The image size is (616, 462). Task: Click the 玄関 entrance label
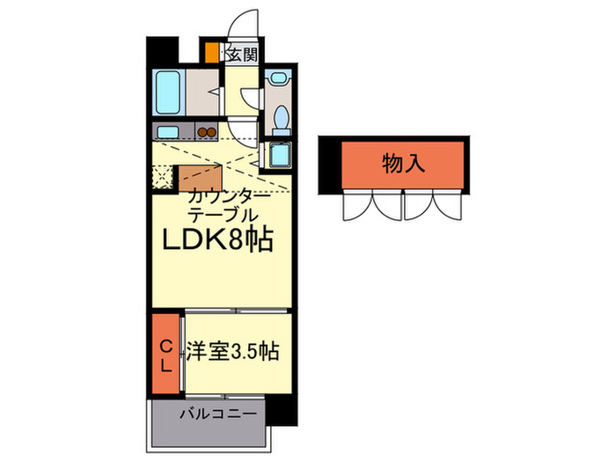coord(243,55)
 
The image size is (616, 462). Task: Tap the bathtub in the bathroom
coord(168,92)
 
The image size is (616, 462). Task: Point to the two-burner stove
coord(207,134)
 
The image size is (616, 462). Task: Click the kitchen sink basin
coord(168,134)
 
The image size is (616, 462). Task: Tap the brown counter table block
coord(200,175)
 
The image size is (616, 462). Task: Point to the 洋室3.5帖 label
coord(232,352)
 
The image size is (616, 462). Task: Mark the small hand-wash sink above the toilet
coord(279,77)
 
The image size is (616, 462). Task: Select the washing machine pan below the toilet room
coord(280,157)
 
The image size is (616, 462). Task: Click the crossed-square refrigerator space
coord(162,176)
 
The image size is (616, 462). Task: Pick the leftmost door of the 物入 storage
coord(356,206)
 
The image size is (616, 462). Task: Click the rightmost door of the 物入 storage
coord(448,206)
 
